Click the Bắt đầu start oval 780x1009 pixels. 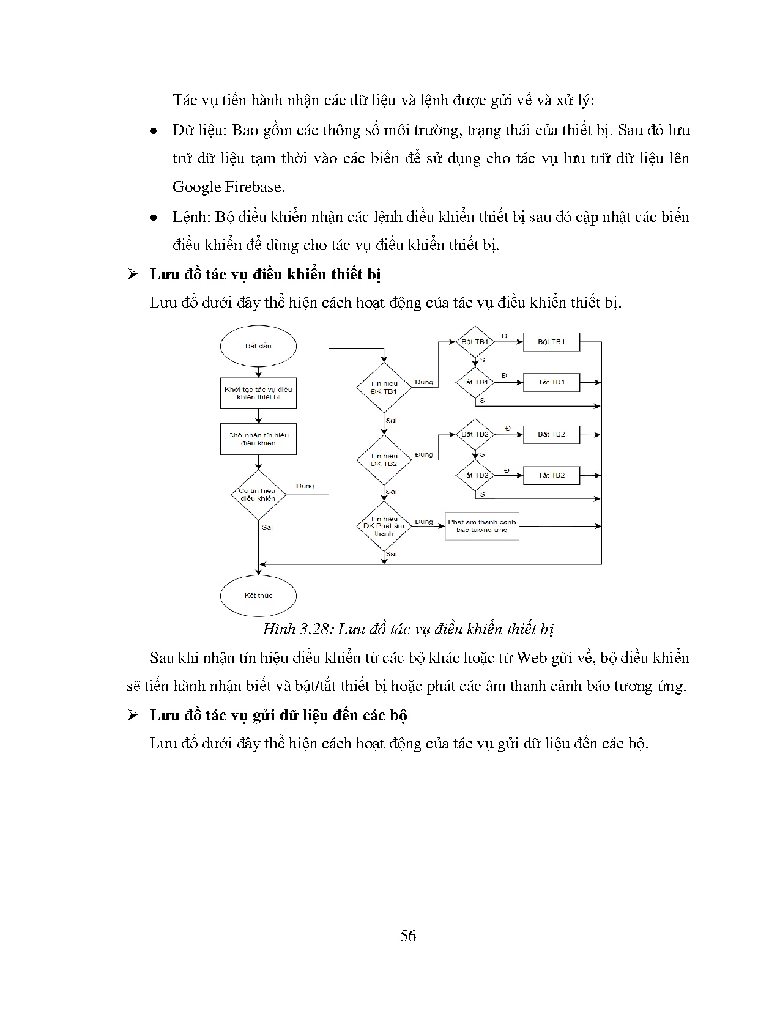(x=258, y=346)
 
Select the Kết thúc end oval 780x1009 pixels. (x=258, y=595)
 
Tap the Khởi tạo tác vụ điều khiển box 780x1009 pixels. (x=258, y=393)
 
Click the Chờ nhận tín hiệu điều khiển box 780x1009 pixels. (x=258, y=439)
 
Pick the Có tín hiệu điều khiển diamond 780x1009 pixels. (x=258, y=494)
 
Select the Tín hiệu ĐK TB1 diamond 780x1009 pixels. (x=384, y=387)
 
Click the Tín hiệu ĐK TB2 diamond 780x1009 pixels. (x=384, y=460)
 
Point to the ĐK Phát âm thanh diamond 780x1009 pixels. (x=384, y=526)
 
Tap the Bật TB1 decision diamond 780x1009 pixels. (x=475, y=342)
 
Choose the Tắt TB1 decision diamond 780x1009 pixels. (x=475, y=382)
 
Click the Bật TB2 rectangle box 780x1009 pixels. (x=551, y=434)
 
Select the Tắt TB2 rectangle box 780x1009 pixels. (x=551, y=475)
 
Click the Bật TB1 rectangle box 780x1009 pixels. (x=551, y=342)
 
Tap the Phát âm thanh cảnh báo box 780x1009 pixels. (x=482, y=526)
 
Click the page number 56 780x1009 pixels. (x=408, y=936)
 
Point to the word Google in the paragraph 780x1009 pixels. (x=196, y=187)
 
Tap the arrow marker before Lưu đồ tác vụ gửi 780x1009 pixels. (x=133, y=715)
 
